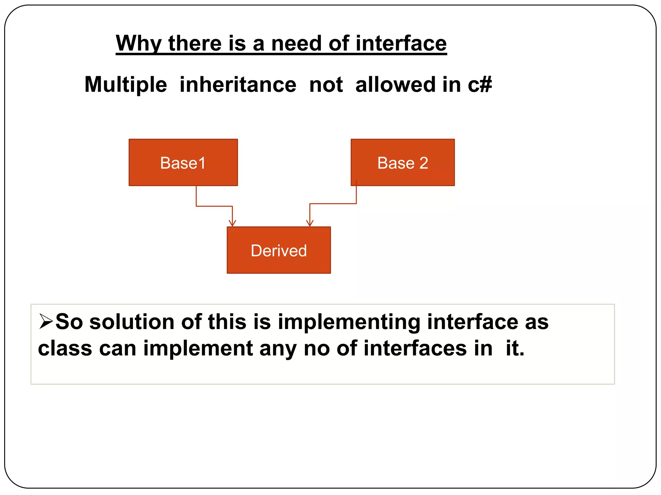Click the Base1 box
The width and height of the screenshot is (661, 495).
tap(183, 162)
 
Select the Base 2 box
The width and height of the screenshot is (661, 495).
tap(402, 162)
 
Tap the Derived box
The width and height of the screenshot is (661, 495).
tap(279, 250)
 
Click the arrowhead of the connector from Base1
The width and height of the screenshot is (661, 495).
tap(232, 223)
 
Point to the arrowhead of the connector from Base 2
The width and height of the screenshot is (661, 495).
tap(310, 223)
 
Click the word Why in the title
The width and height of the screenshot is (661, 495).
tap(138, 44)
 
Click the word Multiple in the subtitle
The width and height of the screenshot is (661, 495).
tap(126, 85)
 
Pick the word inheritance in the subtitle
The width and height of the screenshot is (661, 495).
tap(238, 85)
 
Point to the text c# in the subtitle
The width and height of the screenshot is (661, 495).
tap(480, 85)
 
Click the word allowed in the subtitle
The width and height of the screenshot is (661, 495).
tap(395, 85)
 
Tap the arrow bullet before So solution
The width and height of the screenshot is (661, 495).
tap(46, 321)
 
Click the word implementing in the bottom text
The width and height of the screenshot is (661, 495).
tap(349, 322)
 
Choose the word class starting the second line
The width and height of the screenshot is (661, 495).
tap(65, 349)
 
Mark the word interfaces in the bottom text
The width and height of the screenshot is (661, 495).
tap(415, 349)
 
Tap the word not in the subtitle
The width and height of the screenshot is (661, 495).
tap(326, 85)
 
